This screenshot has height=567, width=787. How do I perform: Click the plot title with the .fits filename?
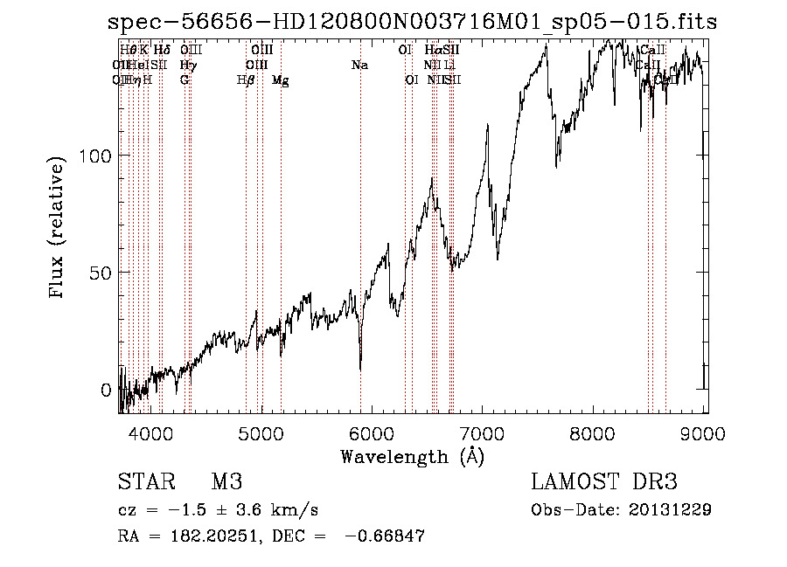pyautogui.click(x=412, y=22)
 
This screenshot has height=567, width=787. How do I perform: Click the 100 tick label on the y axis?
pyautogui.click(x=96, y=156)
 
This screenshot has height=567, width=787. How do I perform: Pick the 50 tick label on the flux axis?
pyautogui.click(x=101, y=273)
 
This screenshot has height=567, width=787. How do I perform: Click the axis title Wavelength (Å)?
pyautogui.click(x=412, y=456)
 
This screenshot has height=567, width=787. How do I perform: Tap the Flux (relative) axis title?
pyautogui.click(x=59, y=230)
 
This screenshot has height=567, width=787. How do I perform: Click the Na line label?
pyautogui.click(x=359, y=66)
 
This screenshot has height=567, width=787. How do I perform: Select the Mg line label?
pyautogui.click(x=281, y=80)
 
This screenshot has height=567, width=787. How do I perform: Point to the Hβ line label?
pyautogui.click(x=246, y=80)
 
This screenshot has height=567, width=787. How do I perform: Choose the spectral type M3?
pyautogui.click(x=226, y=482)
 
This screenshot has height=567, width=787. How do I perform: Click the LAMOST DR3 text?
pyautogui.click(x=604, y=482)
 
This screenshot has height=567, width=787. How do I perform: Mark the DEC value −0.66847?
pyautogui.click(x=386, y=536)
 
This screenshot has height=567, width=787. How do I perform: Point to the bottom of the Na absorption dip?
pyautogui.click(x=360, y=367)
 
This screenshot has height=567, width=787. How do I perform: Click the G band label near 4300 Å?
pyautogui.click(x=185, y=80)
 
